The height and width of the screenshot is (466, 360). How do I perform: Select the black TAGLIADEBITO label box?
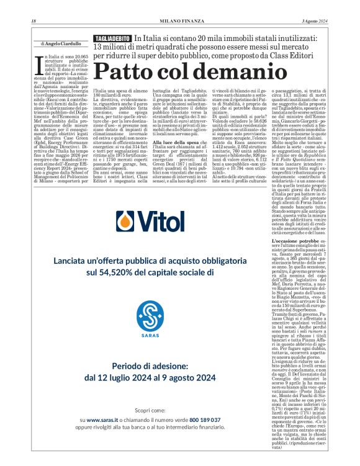[111, 38]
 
